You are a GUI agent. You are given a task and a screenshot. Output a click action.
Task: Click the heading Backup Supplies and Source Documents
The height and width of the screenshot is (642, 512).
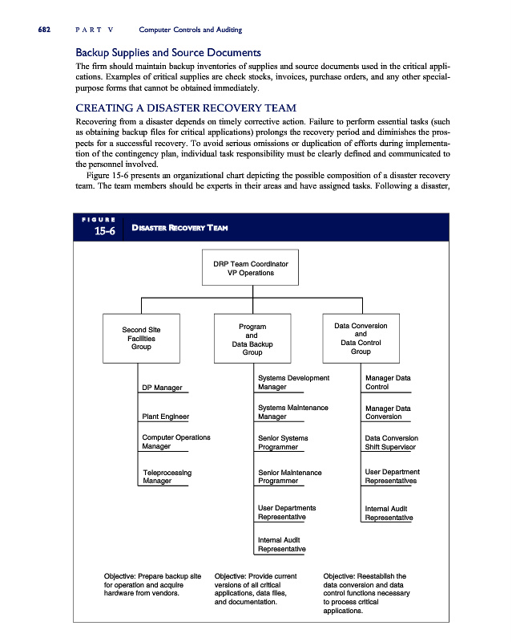[168, 52]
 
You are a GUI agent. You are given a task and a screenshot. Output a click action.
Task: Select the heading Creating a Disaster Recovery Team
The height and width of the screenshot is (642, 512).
[186, 108]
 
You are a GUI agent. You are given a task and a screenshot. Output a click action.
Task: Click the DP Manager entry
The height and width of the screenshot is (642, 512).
[162, 388]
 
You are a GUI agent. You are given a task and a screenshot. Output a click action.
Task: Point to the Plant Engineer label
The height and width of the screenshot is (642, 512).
[165, 416]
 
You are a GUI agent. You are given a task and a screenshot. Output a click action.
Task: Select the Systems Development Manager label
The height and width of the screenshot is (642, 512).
[293, 382]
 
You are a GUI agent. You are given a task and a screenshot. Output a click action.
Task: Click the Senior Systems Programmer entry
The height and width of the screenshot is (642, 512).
[283, 442]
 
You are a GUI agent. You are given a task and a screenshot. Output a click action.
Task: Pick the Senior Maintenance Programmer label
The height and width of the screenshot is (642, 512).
[289, 477]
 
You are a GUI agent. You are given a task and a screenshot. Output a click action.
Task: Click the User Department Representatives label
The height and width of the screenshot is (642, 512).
[392, 477]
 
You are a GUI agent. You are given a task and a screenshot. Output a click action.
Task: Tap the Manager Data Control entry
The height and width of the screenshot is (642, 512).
[387, 382]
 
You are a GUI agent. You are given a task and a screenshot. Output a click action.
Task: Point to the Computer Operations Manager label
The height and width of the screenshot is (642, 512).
[175, 442]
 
